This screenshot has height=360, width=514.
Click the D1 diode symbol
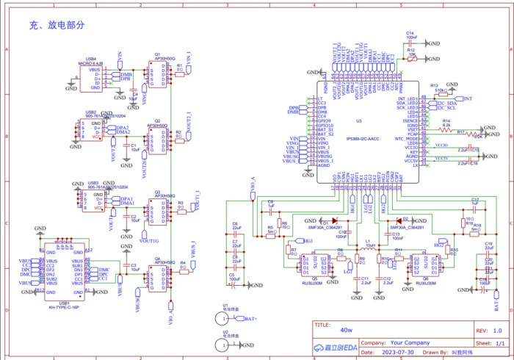pyautogui.click(x=333, y=220)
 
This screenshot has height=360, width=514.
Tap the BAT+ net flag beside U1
pyautogui.click(x=250, y=319)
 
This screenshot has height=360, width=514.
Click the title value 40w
pyautogui.click(x=347, y=330)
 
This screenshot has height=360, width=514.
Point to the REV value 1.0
pyautogui.click(x=497, y=330)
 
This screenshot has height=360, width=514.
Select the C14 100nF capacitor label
pyautogui.click(x=411, y=35)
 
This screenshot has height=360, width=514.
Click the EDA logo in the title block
pyautogui.click(x=336, y=348)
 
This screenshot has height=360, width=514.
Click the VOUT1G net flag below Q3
pyautogui.click(x=148, y=240)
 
